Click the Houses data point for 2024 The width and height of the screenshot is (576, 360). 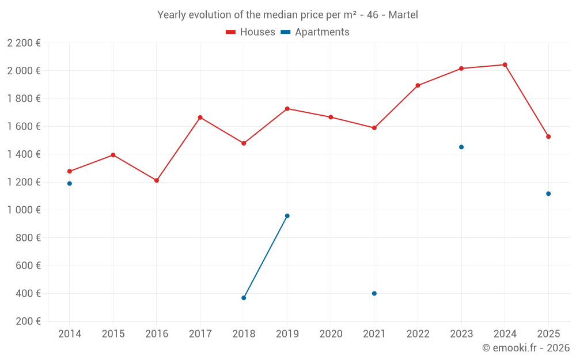(x=505, y=65)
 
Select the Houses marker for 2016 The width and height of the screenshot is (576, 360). (x=157, y=180)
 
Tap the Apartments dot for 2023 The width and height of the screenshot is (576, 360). (x=461, y=147)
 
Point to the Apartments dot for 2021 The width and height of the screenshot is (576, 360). (x=374, y=293)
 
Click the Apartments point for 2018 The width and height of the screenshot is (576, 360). (x=244, y=298)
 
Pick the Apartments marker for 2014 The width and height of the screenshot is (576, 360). (x=70, y=184)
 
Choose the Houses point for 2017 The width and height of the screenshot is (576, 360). (x=200, y=118)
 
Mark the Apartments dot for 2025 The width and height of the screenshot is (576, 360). (x=548, y=194)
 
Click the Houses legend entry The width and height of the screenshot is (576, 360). (x=251, y=32)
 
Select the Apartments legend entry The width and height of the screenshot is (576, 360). (x=316, y=32)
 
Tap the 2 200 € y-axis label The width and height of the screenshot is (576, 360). (x=24, y=43)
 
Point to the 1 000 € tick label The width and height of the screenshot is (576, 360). (x=24, y=210)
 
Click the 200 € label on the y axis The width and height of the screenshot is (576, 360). (x=27, y=321)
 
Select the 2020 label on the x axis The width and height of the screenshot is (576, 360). (x=331, y=334)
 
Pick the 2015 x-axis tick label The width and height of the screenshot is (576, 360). (x=113, y=334)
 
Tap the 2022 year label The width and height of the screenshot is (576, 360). (x=418, y=334)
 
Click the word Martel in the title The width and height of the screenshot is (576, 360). (x=403, y=15)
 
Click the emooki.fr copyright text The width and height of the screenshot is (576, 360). (x=526, y=348)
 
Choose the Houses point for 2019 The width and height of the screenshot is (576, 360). (x=287, y=109)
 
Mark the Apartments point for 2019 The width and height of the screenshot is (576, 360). (x=287, y=216)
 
